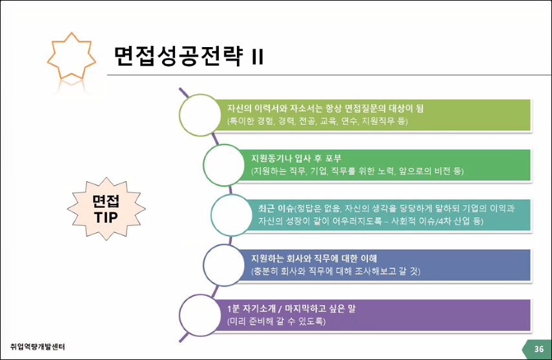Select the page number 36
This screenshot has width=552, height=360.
click(x=538, y=349)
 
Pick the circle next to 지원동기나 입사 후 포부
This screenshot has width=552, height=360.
click(x=223, y=165)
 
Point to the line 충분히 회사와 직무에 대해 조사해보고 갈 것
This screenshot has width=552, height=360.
click(x=336, y=272)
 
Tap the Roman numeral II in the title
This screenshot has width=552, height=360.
click(x=257, y=57)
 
